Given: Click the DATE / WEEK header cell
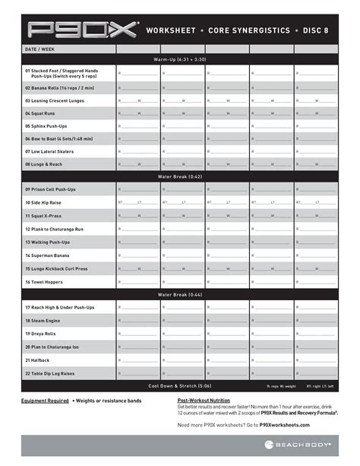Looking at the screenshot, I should (39, 49).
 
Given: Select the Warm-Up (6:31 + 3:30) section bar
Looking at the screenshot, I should (179, 59).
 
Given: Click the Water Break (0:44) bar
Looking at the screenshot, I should (179, 294).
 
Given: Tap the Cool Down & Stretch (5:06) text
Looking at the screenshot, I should (179, 385).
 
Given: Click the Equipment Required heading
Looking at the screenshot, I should (45, 401).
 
